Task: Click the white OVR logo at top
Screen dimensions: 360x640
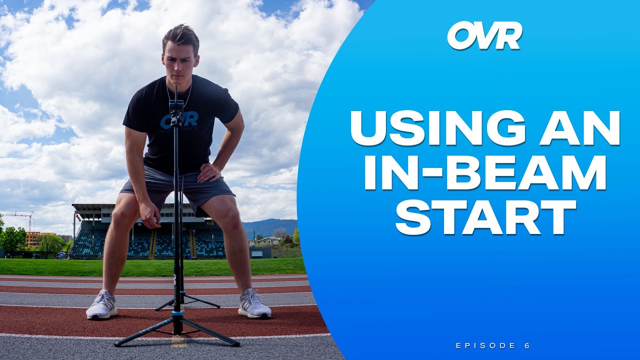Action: pos(484,35)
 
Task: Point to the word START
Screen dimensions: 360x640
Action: pos(484,218)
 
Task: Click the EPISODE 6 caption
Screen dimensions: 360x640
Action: pos(492,345)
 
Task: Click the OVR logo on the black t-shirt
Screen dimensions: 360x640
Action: pos(179,120)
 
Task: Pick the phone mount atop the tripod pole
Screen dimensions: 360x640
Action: pos(176,107)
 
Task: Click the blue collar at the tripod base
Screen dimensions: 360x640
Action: pos(177,314)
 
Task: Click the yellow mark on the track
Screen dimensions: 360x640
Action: pos(178,342)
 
